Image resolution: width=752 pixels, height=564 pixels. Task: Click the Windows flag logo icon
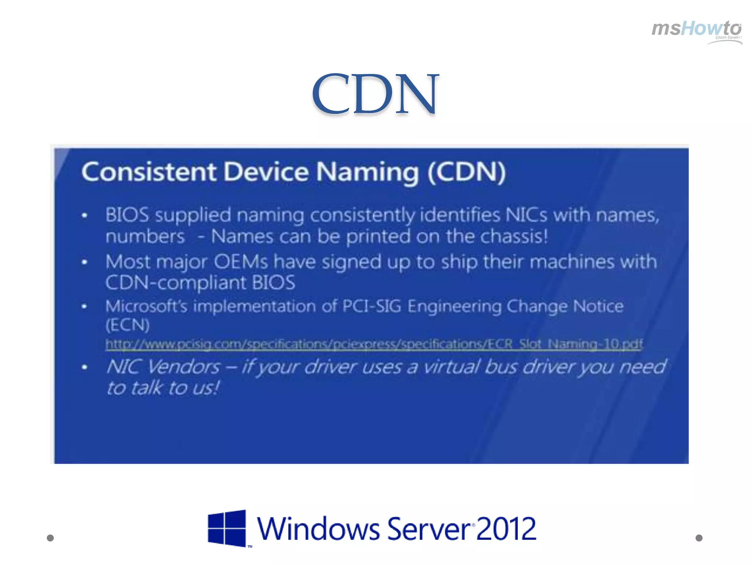(227, 528)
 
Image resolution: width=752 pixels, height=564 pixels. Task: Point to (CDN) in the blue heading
(466, 172)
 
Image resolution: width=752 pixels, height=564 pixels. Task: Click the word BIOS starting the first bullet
(127, 215)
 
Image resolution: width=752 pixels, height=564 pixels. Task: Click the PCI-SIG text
(371, 306)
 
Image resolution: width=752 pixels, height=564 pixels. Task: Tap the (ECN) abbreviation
(127, 325)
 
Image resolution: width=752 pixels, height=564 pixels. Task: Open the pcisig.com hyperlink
(374, 344)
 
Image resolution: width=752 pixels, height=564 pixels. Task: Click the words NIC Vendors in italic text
(163, 367)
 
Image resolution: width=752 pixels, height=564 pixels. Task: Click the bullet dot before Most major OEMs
(84, 262)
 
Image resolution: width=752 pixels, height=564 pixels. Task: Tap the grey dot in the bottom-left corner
(50, 538)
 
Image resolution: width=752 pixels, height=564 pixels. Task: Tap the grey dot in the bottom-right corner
(699, 538)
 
